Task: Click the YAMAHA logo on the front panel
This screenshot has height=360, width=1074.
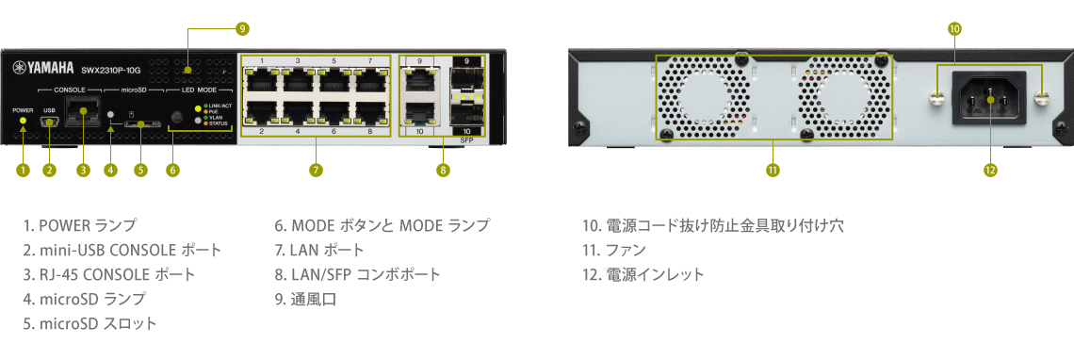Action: pyautogui.click(x=43, y=68)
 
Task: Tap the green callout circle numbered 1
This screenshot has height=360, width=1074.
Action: pyautogui.click(x=23, y=171)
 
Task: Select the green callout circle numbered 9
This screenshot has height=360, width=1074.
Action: pyautogui.click(x=242, y=29)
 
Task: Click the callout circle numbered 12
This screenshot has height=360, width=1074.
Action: pyautogui.click(x=990, y=171)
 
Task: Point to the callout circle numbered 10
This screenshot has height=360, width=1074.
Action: pyautogui.click(x=954, y=29)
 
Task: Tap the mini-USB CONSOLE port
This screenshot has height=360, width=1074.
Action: pyautogui.click(x=49, y=121)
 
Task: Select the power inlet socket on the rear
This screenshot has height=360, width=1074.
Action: pyautogui.click(x=990, y=98)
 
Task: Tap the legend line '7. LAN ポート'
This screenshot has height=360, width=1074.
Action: pyautogui.click(x=319, y=250)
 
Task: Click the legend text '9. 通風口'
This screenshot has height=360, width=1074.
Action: pyautogui.click(x=305, y=299)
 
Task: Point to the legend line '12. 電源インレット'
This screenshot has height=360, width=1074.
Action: pyautogui.click(x=643, y=274)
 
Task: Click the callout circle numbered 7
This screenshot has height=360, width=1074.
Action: pyautogui.click(x=316, y=171)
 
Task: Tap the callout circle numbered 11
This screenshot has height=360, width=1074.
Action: pyautogui.click(x=773, y=171)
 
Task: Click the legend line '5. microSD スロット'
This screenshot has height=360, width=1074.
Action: pyautogui.click(x=90, y=323)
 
